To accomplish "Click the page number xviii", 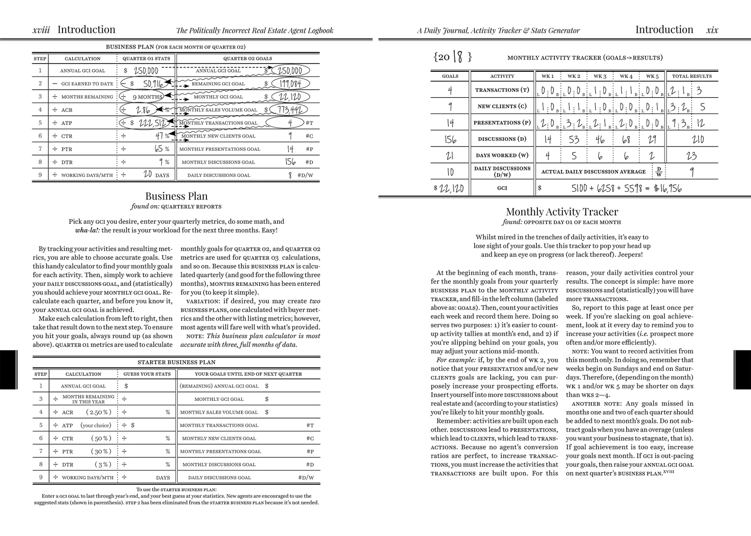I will (41, 30).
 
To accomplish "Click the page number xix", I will (712, 30).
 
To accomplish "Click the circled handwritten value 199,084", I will (290, 83).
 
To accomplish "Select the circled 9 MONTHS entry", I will (147, 97).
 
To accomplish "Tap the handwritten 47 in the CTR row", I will (159, 136).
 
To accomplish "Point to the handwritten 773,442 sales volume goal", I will (289, 109).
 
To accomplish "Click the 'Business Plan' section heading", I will (176, 196).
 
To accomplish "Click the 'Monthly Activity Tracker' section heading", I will (562, 212).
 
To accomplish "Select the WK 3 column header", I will (600, 76).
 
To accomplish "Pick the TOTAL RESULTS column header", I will (692, 76).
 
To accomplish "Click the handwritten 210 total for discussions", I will (698, 139).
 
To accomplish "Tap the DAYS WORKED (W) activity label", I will (502, 155).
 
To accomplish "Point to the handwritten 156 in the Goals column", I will (450, 139).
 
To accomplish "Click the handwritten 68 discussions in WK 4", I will (626, 139).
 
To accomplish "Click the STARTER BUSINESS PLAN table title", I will (176, 362).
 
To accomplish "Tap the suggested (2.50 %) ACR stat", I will (99, 412).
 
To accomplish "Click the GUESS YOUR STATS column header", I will (147, 374).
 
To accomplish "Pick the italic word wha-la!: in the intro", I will (88, 230).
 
